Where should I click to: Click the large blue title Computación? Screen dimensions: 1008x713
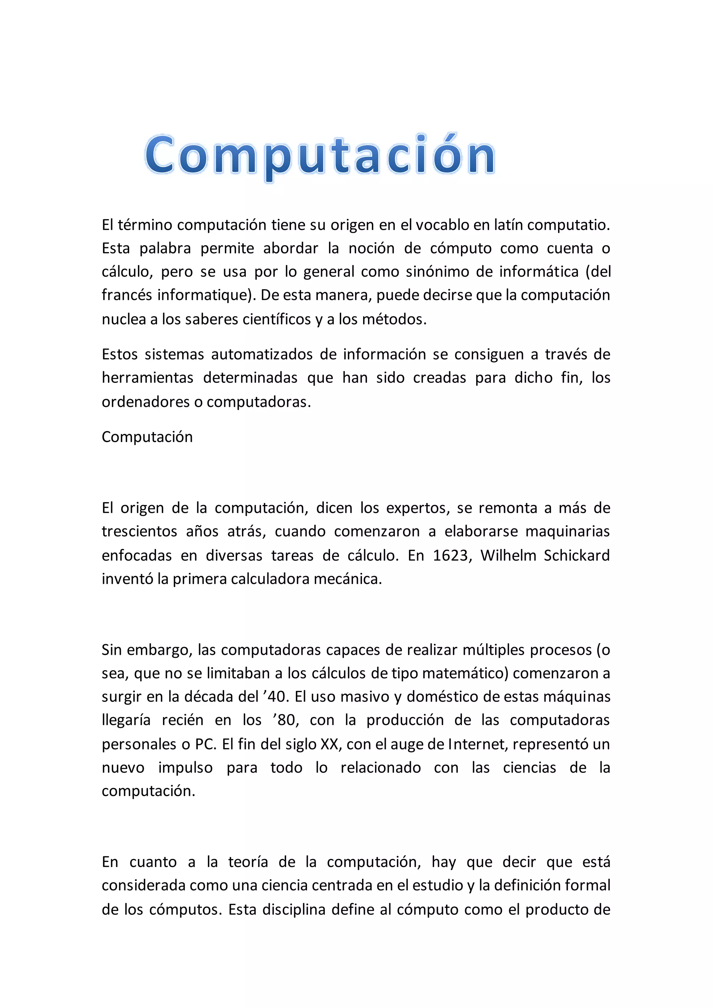320,156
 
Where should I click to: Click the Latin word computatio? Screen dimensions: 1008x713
568,225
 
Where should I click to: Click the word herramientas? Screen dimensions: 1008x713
148,378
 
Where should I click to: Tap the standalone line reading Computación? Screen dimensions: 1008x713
147,437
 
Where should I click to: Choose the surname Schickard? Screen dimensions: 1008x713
577,556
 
